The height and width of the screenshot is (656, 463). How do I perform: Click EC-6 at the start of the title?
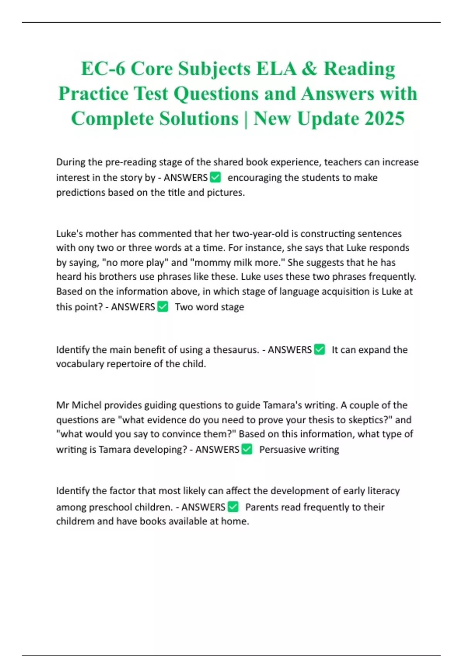103,69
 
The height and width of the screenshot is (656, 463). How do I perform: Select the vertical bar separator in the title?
246,118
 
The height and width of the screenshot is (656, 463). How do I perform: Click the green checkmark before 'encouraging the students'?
215,178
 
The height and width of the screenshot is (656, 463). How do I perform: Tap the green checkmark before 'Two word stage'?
163,307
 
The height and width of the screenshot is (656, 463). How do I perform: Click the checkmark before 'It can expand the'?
319,350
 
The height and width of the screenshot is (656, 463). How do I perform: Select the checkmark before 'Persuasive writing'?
247,449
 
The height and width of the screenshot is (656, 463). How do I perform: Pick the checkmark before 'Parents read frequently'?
233,507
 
